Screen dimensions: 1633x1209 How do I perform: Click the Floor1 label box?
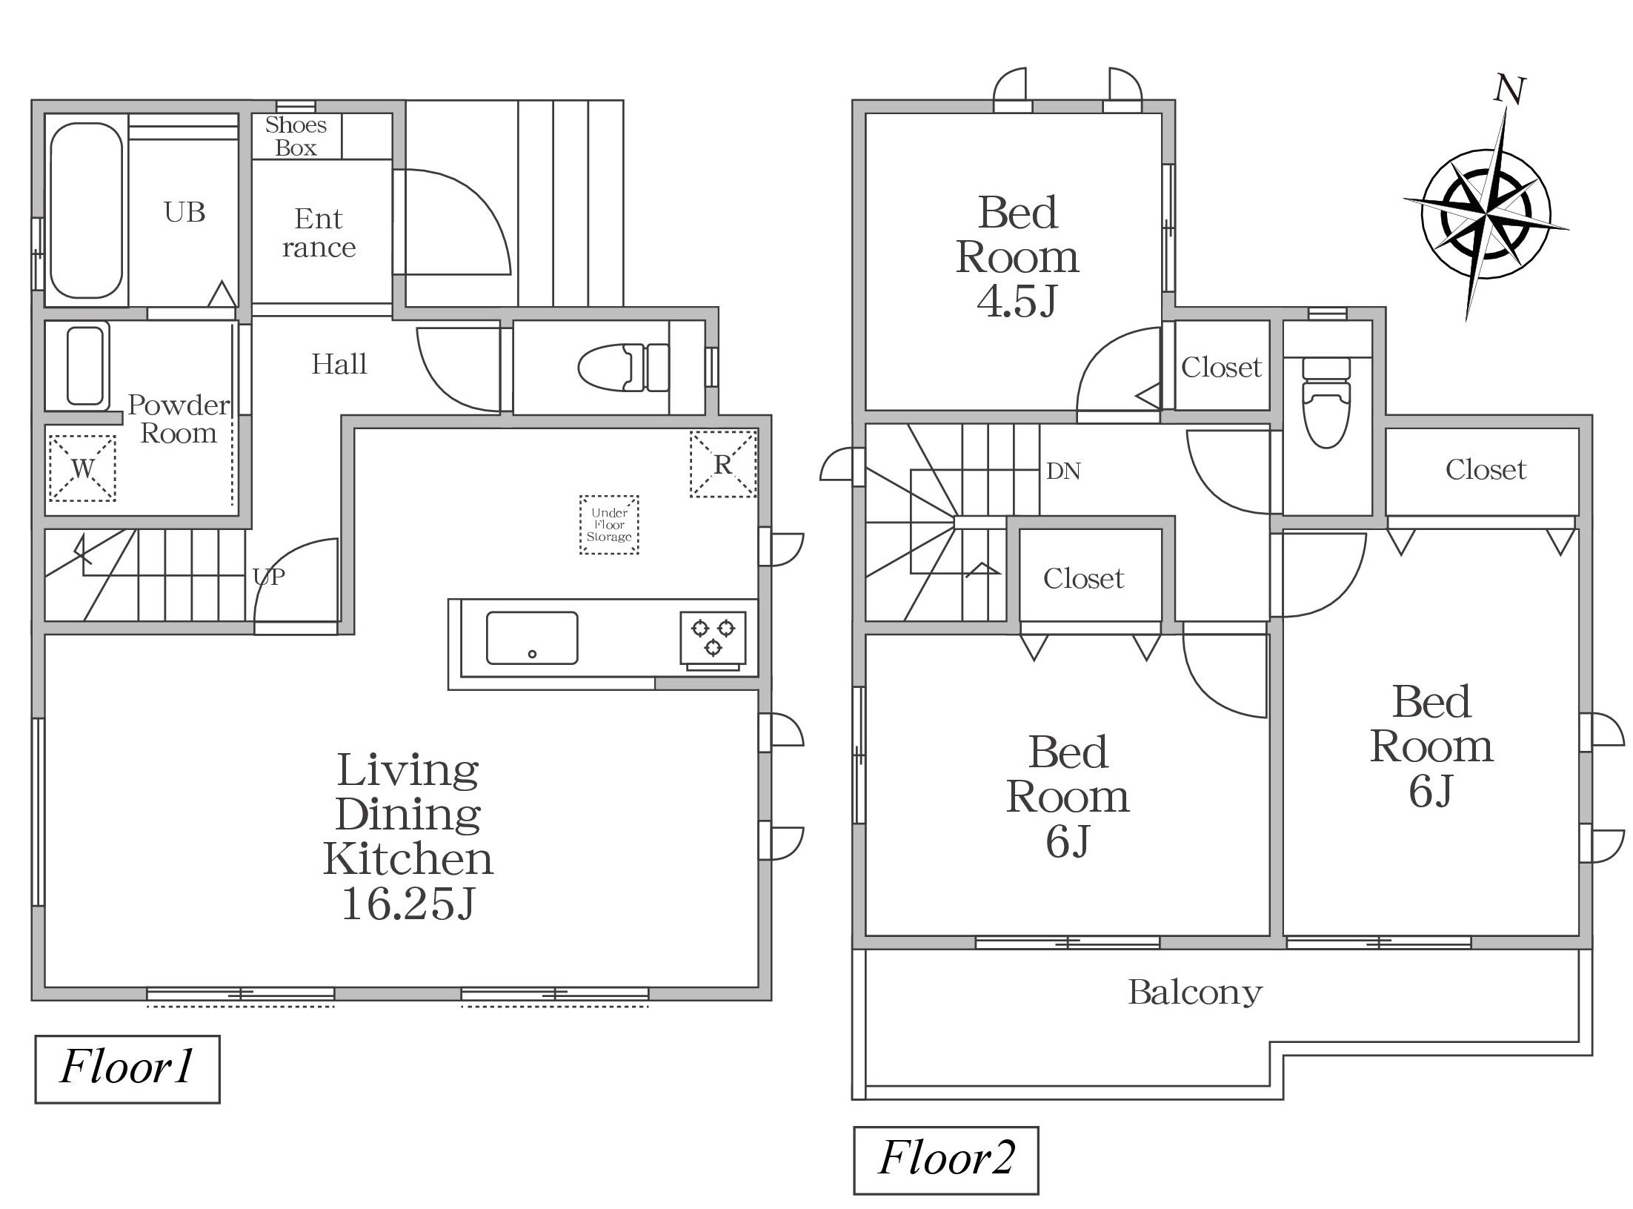(x=127, y=1069)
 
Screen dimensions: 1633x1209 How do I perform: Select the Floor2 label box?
(x=946, y=1160)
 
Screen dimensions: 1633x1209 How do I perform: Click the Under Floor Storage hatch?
(x=609, y=525)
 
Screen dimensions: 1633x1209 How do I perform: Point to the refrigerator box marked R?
(x=723, y=464)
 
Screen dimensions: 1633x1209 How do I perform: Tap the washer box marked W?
(x=82, y=468)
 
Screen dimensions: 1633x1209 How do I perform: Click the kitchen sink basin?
(x=532, y=637)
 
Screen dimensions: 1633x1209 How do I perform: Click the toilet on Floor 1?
(x=623, y=367)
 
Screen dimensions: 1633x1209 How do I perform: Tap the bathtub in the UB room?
(x=87, y=211)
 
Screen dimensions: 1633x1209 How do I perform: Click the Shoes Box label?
(x=296, y=136)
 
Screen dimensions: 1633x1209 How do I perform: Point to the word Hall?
(x=339, y=364)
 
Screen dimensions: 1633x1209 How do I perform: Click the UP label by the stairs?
(x=268, y=577)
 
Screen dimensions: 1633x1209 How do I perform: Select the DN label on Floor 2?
(x=1063, y=471)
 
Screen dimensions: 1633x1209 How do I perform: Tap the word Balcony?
(x=1195, y=993)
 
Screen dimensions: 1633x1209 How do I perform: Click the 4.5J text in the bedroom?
(x=1017, y=300)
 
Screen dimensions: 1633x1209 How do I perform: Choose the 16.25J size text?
(x=408, y=903)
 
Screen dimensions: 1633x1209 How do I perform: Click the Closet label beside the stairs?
(x=1083, y=578)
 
